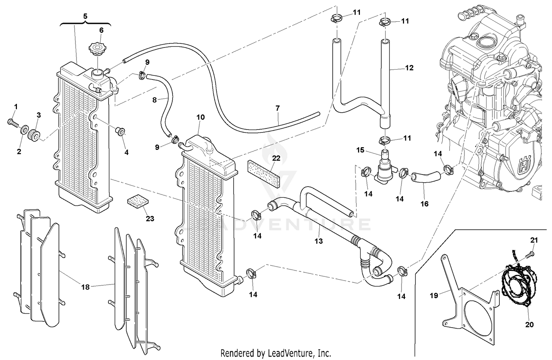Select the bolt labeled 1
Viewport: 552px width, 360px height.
pos(13,123)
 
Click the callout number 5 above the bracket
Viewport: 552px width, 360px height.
pos(85,16)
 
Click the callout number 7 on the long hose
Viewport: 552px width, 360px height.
pos(277,108)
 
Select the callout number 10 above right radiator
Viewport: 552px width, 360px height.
pos(200,117)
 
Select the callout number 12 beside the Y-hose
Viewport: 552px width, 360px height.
pos(409,68)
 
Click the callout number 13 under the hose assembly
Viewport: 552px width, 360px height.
pos(318,241)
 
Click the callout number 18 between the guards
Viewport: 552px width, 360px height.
pos(85,287)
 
